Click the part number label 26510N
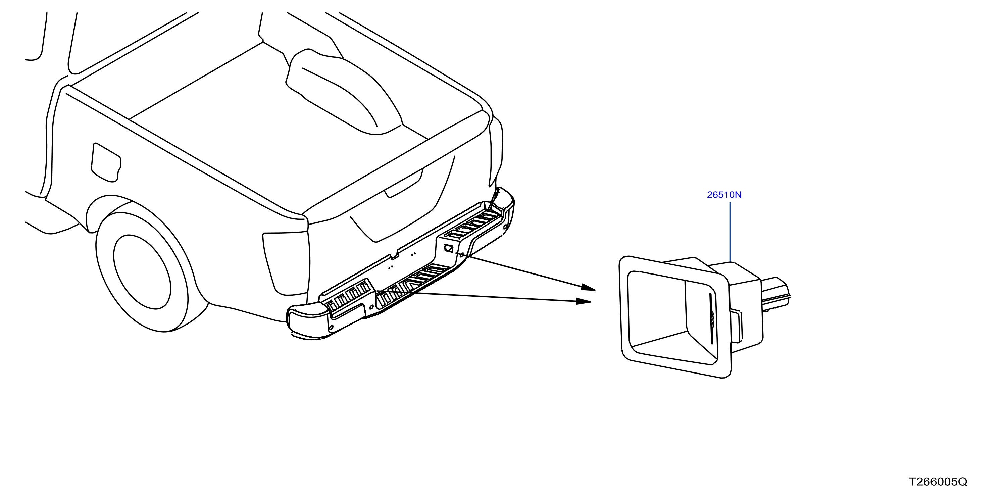[x=724, y=195]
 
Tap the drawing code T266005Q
[x=938, y=482]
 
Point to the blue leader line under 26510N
[x=730, y=232]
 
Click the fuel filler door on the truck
[x=106, y=162]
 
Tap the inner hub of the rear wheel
[x=142, y=272]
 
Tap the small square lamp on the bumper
[x=448, y=248]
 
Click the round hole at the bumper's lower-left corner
[x=332, y=327]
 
